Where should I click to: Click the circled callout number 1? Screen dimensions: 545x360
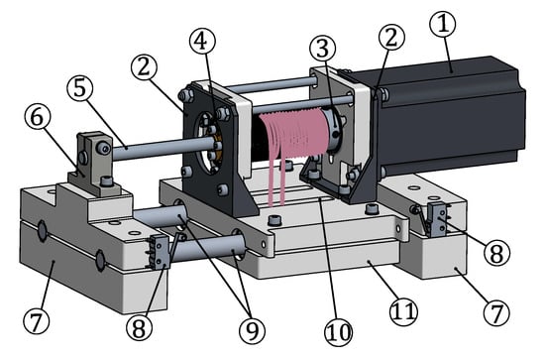coord(442,24)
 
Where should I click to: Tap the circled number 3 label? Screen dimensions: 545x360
coord(323,48)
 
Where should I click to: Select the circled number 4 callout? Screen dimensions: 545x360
coord(202,41)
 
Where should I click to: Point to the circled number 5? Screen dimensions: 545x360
coord(80,88)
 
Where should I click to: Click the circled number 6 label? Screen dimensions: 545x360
coord(38,118)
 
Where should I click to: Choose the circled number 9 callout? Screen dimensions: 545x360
coord(253,330)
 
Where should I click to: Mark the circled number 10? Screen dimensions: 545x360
coord(338,332)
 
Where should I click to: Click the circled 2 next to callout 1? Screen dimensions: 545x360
coord(391,38)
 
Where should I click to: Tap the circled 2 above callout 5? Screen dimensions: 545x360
coord(144,67)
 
